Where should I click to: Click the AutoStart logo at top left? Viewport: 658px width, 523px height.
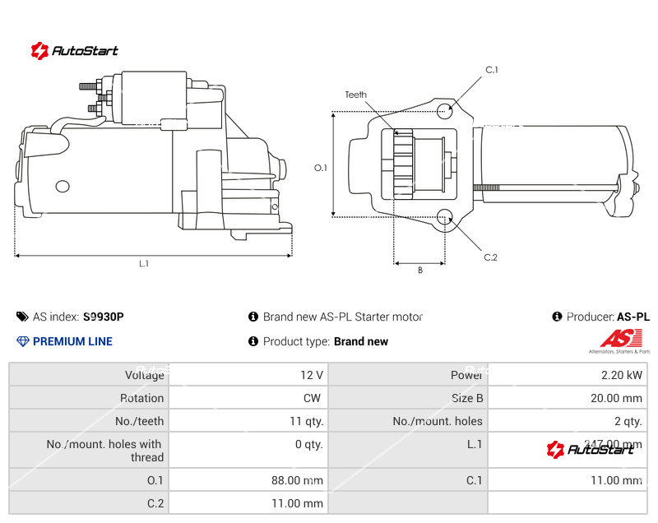75,51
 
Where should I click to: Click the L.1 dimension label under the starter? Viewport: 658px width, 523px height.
144,264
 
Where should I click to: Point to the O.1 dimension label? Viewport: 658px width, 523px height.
321,168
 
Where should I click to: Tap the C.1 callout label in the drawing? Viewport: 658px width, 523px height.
492,70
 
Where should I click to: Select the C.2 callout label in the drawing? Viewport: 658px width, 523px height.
490,257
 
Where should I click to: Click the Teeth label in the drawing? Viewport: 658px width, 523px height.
355,95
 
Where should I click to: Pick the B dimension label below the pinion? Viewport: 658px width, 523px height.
419,270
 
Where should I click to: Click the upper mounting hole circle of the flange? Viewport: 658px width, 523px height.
445,110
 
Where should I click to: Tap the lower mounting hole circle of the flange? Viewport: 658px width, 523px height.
445,217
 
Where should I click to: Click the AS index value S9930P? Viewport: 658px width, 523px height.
104,317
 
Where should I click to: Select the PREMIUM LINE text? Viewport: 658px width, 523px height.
72,341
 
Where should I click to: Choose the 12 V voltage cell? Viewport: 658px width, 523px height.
312,375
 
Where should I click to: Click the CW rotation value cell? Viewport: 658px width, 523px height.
313,398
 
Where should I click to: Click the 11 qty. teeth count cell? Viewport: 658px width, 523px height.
305,421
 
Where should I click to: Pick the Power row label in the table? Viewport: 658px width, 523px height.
466,375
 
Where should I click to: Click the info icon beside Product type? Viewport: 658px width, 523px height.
253,341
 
